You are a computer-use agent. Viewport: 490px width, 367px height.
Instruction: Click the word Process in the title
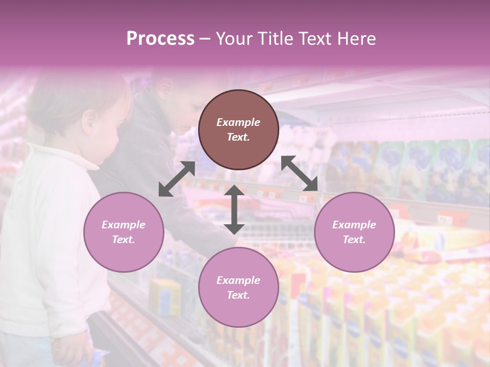click(x=160, y=39)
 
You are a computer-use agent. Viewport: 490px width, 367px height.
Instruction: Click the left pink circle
click(x=124, y=232)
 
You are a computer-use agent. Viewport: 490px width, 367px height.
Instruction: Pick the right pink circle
click(x=354, y=232)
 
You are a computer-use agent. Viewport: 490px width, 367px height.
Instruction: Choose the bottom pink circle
click(x=238, y=287)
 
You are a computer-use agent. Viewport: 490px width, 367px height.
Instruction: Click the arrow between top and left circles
click(x=177, y=179)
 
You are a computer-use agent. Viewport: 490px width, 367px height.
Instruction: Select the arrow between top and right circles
click(x=300, y=173)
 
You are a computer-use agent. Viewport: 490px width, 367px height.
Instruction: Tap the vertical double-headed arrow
click(x=234, y=209)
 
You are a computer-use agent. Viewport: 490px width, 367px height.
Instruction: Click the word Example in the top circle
click(x=238, y=122)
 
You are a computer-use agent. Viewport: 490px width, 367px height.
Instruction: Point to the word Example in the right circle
click(x=354, y=225)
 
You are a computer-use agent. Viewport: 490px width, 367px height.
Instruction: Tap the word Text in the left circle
click(x=123, y=240)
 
